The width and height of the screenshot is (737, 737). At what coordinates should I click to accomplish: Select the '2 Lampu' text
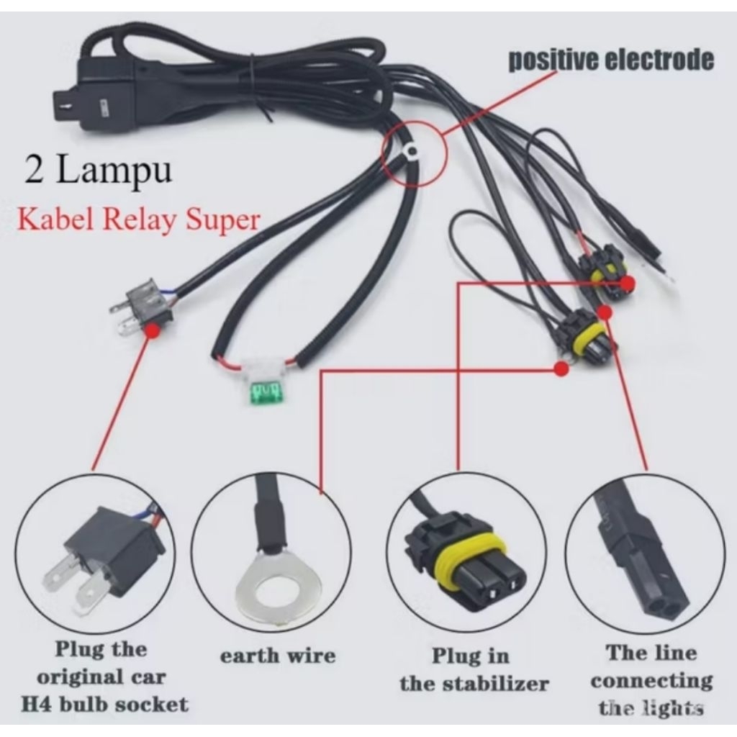point(98,171)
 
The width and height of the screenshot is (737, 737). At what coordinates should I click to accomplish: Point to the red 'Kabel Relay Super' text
point(139,220)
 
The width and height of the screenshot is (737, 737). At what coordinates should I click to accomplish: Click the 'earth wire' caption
point(278,656)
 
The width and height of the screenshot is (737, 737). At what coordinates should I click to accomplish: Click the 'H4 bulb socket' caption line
point(105,705)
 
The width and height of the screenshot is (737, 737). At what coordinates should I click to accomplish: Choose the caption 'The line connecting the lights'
point(651,680)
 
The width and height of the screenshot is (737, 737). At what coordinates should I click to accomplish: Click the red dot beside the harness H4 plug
point(152,330)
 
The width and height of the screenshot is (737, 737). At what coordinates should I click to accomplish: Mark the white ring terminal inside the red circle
point(412,150)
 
